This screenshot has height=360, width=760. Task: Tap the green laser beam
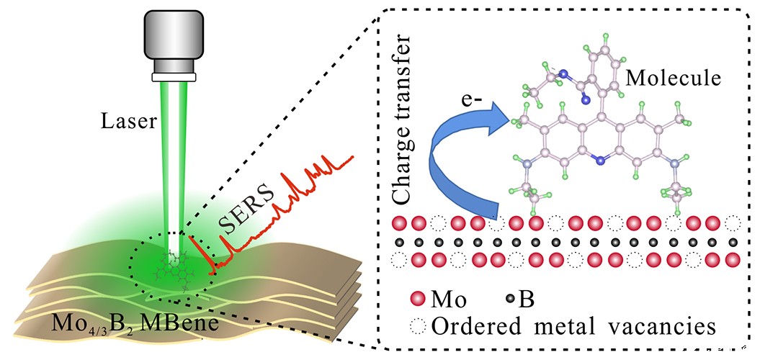[174, 158]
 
